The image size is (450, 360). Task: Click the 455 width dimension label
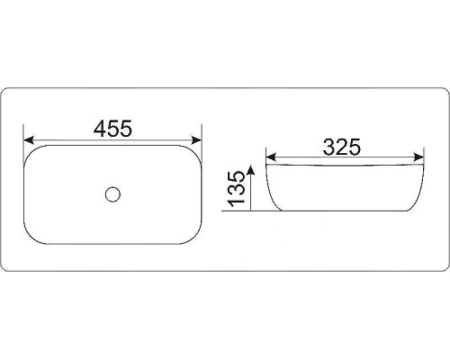point(112,129)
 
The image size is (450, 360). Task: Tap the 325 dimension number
point(342,147)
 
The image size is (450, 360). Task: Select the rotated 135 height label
point(237,189)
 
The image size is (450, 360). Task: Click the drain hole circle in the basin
point(112,194)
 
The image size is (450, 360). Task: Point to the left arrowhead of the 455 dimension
point(29,140)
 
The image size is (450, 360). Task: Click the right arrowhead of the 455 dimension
point(196,140)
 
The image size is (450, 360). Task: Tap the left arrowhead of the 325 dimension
point(271,157)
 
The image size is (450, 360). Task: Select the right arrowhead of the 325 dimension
point(418,157)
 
